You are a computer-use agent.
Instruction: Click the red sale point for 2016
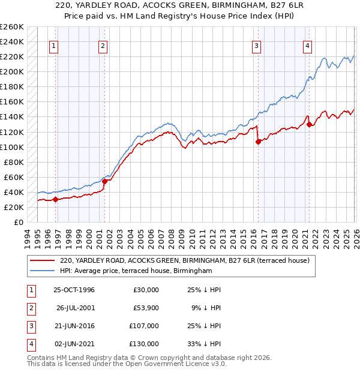click(259, 142)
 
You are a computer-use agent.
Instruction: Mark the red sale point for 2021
click(310, 125)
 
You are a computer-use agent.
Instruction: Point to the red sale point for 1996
click(56, 200)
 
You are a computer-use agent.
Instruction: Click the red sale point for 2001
click(104, 181)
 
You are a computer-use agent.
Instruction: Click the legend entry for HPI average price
click(136, 271)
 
